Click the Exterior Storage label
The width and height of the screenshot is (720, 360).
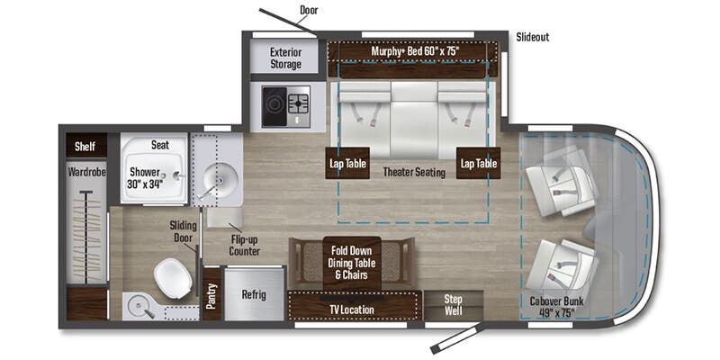pos(286,58)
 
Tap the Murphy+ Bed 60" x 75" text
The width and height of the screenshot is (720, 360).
pos(415,51)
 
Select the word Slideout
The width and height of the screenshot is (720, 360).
pos(533,37)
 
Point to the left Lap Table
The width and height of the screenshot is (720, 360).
pos(346,163)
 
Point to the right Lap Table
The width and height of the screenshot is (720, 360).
pos(478,163)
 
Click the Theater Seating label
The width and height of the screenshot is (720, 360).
pos(414,172)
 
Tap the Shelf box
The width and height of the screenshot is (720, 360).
pos(85,146)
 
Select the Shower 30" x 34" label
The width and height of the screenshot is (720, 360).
pos(145,178)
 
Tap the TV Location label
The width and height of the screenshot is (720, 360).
pos(352,310)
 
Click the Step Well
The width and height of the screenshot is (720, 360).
pos(454,304)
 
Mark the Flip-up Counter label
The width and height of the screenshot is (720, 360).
pos(244,245)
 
